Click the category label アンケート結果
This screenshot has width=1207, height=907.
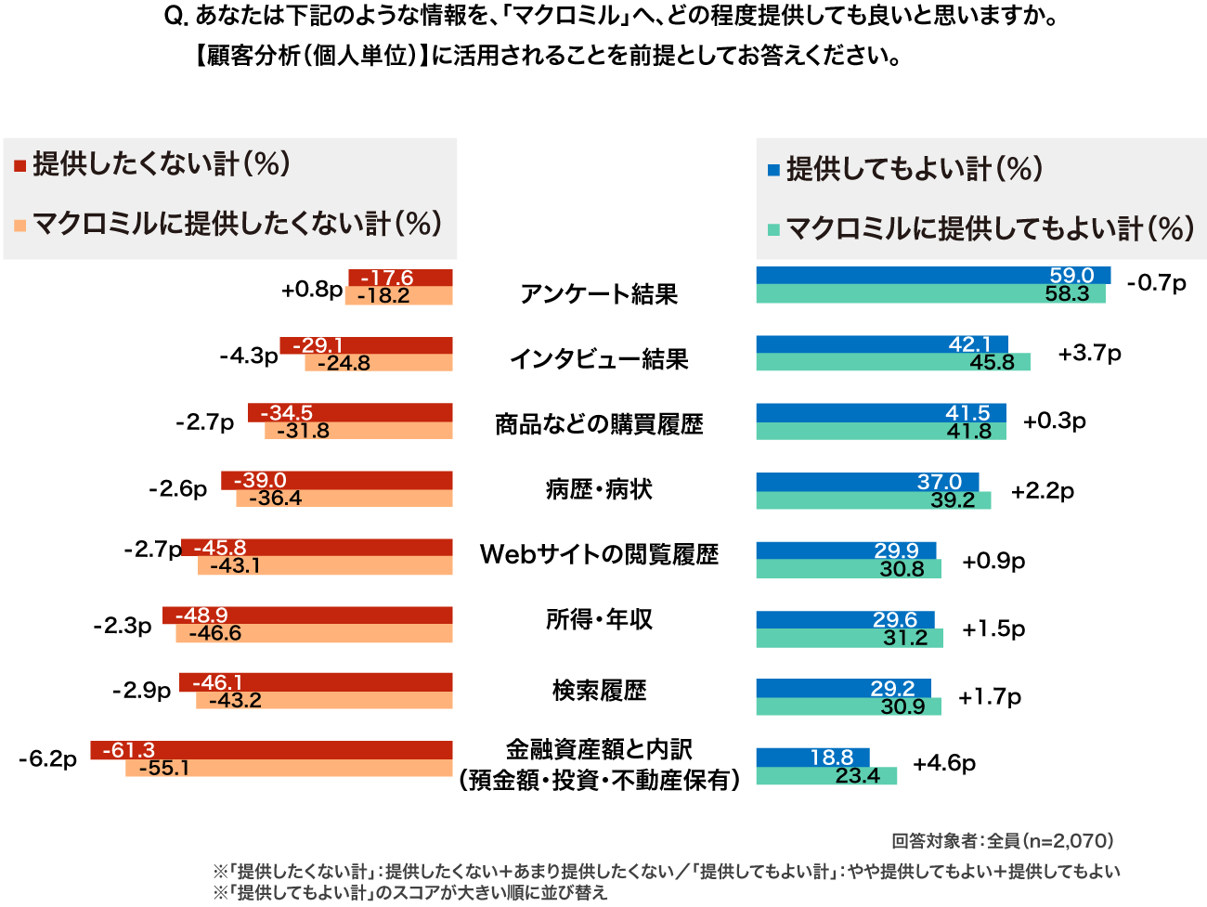point(599,294)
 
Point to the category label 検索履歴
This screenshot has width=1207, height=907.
point(599,691)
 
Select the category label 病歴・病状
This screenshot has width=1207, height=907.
point(599,489)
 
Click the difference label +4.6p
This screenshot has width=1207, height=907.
point(944,763)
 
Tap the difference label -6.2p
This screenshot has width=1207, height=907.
point(47,759)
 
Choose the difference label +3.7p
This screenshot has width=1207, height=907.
point(1089,354)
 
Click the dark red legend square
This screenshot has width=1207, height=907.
point(19,166)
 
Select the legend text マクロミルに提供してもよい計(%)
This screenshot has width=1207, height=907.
point(990,228)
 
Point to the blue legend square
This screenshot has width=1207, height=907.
point(773,170)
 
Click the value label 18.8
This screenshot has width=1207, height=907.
point(831,758)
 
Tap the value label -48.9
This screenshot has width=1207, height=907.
point(201,615)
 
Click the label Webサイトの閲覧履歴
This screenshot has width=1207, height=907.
point(599,554)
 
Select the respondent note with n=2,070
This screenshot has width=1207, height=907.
point(1002,841)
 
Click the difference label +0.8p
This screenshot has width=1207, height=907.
point(312,290)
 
